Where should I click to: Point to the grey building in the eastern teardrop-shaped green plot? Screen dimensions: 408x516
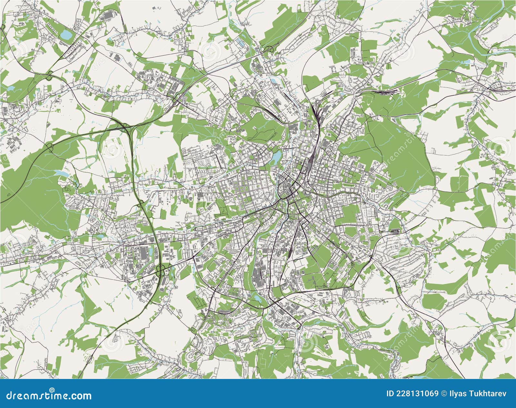394,231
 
